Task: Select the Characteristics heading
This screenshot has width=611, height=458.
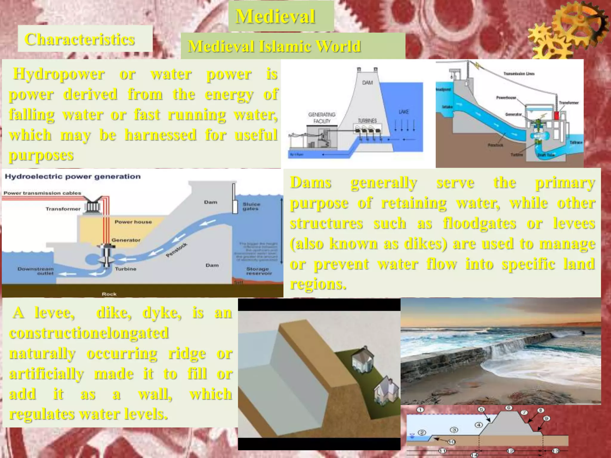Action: click(80, 39)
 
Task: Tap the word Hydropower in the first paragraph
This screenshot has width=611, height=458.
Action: click(59, 74)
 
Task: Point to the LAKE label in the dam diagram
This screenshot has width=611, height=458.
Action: click(403, 112)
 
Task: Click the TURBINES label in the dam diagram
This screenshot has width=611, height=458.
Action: click(367, 121)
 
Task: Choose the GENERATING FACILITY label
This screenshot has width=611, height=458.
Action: click(322, 118)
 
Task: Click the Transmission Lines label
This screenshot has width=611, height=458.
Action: click(519, 74)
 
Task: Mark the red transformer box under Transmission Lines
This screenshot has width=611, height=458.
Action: click(556, 116)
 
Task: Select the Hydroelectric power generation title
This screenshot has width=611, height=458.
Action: click(72, 177)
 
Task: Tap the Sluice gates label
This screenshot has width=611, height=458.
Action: click(251, 206)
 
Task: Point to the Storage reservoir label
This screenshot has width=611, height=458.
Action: click(259, 271)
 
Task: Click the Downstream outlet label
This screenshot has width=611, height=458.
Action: click(36, 271)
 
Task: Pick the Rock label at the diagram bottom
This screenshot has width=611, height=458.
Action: click(109, 294)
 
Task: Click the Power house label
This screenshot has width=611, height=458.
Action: click(133, 222)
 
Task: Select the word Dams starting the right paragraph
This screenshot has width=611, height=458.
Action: click(311, 182)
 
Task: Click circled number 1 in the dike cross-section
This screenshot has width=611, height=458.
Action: click(420, 410)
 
